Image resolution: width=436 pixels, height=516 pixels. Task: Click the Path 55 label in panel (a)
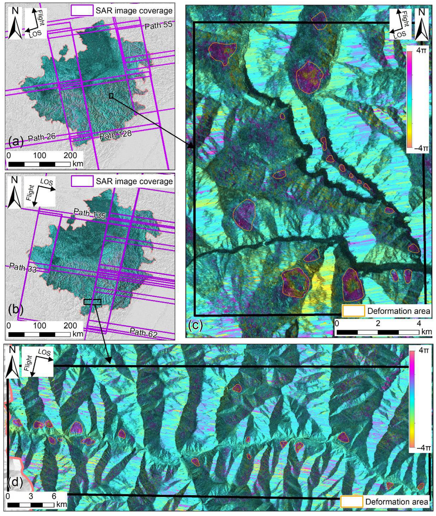coord(158,25)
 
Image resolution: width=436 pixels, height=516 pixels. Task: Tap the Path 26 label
coord(42,137)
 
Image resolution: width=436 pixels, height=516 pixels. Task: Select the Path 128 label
coord(115,135)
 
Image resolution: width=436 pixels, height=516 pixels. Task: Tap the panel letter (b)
coord(16,309)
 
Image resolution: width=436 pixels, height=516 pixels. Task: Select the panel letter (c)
coord(196,325)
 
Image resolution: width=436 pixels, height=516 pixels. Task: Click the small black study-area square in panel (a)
coord(111,96)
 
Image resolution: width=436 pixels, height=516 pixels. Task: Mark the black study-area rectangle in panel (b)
coord(92,302)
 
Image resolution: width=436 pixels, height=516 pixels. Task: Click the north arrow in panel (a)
coord(15,23)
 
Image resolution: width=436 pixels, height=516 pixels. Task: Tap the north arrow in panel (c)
coord(421,24)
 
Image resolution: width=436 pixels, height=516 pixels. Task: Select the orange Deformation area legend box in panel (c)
coord(353,311)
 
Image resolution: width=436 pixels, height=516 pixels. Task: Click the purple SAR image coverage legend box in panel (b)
coord(82,181)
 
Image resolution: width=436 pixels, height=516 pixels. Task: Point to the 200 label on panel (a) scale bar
coord(70,155)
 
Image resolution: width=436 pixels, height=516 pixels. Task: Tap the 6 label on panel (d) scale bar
coord(54,496)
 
